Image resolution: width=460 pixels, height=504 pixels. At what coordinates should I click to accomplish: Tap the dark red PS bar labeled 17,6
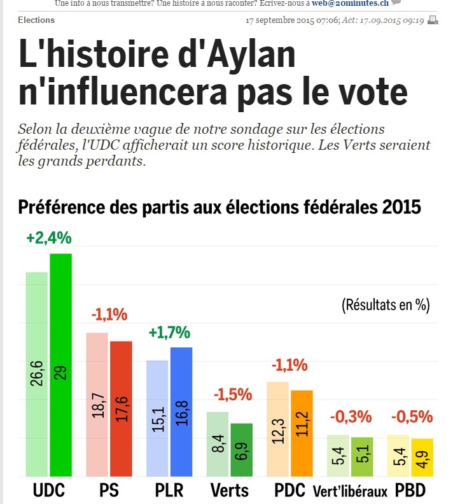pyautogui.click(x=121, y=408)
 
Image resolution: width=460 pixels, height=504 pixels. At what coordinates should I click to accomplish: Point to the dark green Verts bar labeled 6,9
pyautogui.click(x=242, y=449)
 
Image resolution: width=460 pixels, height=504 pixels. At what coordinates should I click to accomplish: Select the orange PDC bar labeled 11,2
pyautogui.click(x=302, y=433)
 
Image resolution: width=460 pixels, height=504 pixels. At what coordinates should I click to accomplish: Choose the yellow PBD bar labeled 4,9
pyautogui.click(x=422, y=457)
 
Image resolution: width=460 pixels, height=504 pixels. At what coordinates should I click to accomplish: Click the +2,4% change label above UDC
pyautogui.click(x=49, y=238)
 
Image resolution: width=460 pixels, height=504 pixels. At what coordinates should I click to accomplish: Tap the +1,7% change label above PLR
pyautogui.click(x=170, y=332)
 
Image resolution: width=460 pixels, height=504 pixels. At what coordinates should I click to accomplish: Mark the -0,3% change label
pyautogui.click(x=351, y=417)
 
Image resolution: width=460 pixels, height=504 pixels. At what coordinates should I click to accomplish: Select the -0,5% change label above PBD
pyautogui.click(x=412, y=417)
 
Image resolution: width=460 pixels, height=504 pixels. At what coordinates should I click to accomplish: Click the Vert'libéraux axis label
pyautogui.click(x=350, y=492)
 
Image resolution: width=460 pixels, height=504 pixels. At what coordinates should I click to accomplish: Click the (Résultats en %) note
pyautogui.click(x=386, y=304)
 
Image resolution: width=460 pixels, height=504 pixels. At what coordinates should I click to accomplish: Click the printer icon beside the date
pyautogui.click(x=433, y=20)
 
